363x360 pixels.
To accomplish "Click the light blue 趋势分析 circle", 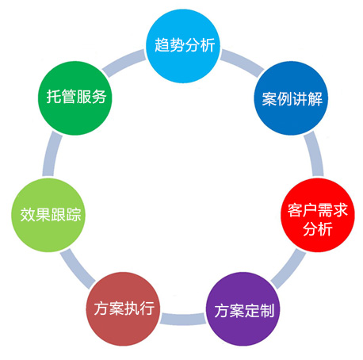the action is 183,46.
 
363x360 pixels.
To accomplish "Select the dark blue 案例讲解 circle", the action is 291,98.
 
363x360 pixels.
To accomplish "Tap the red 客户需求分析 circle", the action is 318,215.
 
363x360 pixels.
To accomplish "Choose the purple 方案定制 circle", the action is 243,308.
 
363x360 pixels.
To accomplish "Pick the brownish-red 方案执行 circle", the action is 123,308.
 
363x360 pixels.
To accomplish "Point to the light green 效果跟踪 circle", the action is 48,215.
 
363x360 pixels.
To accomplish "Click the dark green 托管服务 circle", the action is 75,98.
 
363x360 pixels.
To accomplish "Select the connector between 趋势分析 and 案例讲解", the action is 242,62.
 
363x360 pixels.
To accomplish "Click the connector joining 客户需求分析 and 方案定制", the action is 288,269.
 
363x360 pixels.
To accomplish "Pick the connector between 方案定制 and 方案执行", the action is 183,319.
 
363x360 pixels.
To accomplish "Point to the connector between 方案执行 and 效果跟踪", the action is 77,269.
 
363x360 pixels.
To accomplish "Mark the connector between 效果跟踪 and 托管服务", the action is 52,154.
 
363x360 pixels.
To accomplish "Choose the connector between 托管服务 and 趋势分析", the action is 124,63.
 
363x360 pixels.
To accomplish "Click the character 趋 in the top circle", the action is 162,45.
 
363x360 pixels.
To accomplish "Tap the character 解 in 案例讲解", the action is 315,99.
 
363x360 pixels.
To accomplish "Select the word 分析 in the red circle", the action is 318,229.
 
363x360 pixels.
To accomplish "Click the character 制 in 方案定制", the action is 267,310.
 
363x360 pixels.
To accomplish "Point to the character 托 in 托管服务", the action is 54,96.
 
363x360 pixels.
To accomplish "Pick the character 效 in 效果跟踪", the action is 28,214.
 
